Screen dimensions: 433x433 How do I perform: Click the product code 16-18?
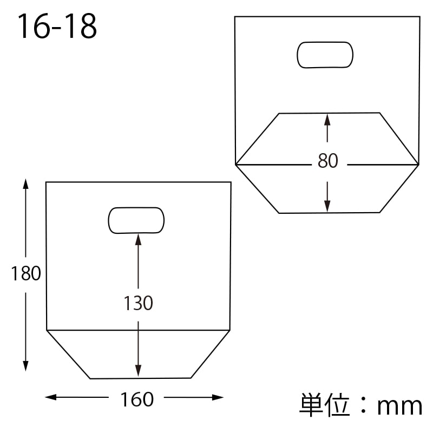[x=57, y=26]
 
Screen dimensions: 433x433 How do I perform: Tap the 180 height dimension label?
[x=26, y=273]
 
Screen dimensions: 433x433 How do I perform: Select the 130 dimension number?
[x=138, y=303]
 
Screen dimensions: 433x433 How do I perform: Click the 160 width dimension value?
[x=137, y=399]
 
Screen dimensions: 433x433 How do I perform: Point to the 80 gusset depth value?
[x=328, y=160]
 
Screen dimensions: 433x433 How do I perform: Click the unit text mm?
[x=399, y=406]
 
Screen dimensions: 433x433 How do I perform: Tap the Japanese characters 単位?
[x=325, y=405]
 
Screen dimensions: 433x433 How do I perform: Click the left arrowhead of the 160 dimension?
[x=50, y=397]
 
